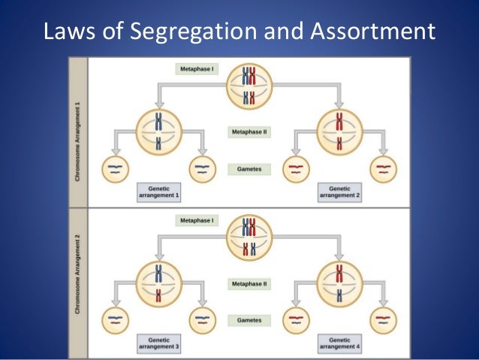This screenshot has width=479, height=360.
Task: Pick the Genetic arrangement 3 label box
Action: click(x=160, y=343)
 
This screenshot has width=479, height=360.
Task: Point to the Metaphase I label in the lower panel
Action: click(x=197, y=221)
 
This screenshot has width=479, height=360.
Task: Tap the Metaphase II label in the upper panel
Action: click(x=249, y=131)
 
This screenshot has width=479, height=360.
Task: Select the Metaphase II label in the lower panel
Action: click(x=249, y=285)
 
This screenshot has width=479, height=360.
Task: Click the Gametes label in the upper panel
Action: click(x=249, y=169)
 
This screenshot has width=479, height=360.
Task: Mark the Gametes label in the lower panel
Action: click(x=249, y=321)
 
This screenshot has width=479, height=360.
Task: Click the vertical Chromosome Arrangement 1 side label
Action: click(x=78, y=132)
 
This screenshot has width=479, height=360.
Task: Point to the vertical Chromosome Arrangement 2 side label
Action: click(x=78, y=283)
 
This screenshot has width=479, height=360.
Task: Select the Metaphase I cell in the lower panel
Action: click(x=249, y=237)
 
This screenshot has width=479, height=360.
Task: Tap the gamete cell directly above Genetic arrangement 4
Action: click(x=383, y=320)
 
